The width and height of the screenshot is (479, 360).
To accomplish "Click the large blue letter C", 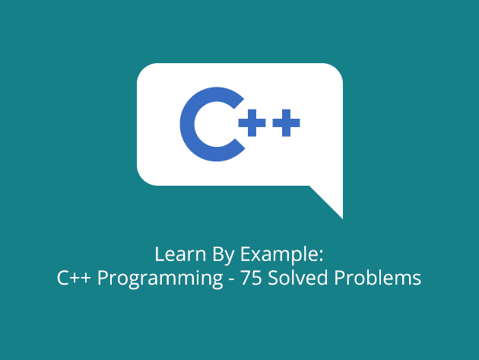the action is (x=187, y=124).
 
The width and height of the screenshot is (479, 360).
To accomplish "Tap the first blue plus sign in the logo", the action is (x=252, y=123).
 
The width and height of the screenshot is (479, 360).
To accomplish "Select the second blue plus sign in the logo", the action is (x=286, y=123).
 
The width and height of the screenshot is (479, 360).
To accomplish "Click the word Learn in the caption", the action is (x=180, y=254).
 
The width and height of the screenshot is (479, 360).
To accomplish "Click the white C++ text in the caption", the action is (x=74, y=278).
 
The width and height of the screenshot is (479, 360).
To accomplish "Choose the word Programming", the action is (x=160, y=279).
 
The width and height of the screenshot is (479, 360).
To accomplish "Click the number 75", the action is (x=251, y=278).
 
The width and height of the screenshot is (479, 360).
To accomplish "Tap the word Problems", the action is (x=378, y=277).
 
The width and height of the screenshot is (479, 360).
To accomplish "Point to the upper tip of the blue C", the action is (x=239, y=103).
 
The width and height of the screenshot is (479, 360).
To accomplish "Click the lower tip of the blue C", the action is (x=239, y=145).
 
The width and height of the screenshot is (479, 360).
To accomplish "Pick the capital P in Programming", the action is (x=103, y=278).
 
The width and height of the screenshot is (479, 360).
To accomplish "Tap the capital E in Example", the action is (x=246, y=254).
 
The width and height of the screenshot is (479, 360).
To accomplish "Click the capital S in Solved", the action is (x=273, y=278).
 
